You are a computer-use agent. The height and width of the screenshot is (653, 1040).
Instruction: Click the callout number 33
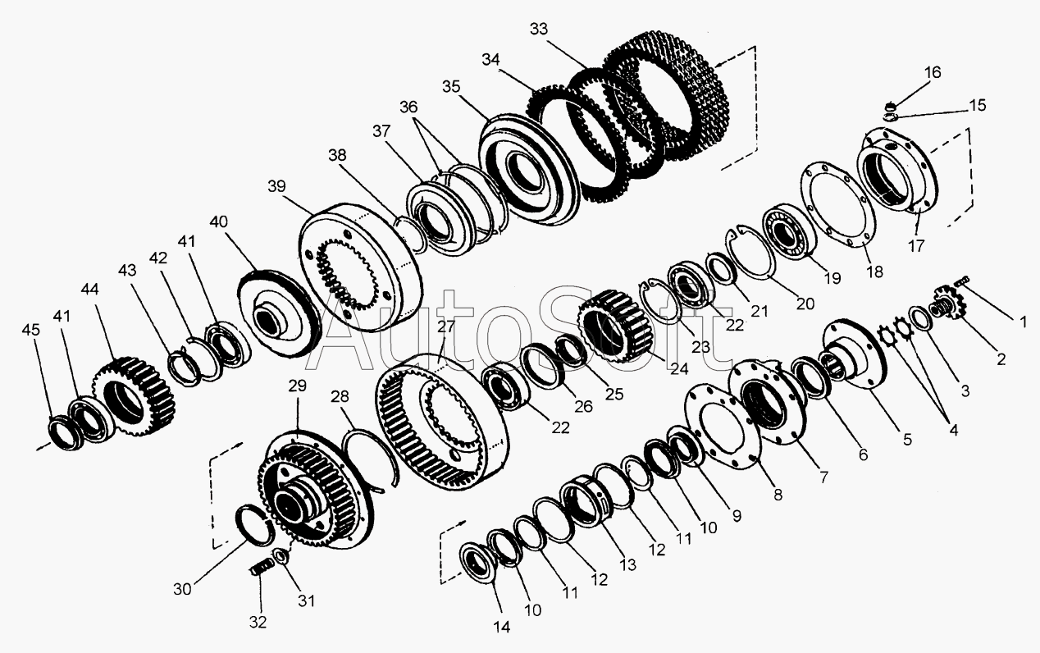pos(539,30)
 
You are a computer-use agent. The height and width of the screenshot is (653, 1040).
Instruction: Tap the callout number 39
pos(276,186)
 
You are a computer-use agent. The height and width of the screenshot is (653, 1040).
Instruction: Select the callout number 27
pos(445,326)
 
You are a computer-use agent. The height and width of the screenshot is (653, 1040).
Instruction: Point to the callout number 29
pos(298,386)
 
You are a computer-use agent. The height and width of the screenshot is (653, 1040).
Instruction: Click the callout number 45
pos(30,330)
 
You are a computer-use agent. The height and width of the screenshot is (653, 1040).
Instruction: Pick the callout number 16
pos(933,72)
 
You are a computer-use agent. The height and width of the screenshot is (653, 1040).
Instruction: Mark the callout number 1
pos(1023,322)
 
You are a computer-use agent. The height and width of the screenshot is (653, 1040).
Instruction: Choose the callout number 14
pos(502,627)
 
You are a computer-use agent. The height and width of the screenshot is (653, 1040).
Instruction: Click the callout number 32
pos(258,623)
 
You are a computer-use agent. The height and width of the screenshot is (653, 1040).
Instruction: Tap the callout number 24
pos(679,368)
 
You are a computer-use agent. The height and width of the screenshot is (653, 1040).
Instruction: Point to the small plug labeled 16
pos(890,107)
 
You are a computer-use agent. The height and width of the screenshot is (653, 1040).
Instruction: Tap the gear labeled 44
pos(135,396)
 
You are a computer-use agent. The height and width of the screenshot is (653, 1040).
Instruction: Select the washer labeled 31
pos(281,556)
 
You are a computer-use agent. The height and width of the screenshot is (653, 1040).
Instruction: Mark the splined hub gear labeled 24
pos(615,325)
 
